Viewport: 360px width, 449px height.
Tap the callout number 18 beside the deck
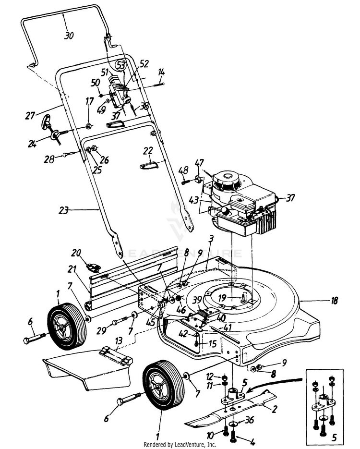[335, 301]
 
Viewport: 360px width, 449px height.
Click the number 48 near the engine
[183, 170]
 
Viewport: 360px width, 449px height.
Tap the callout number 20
[77, 253]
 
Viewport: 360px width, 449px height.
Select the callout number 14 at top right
[162, 73]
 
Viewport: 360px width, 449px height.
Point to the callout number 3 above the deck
[210, 238]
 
